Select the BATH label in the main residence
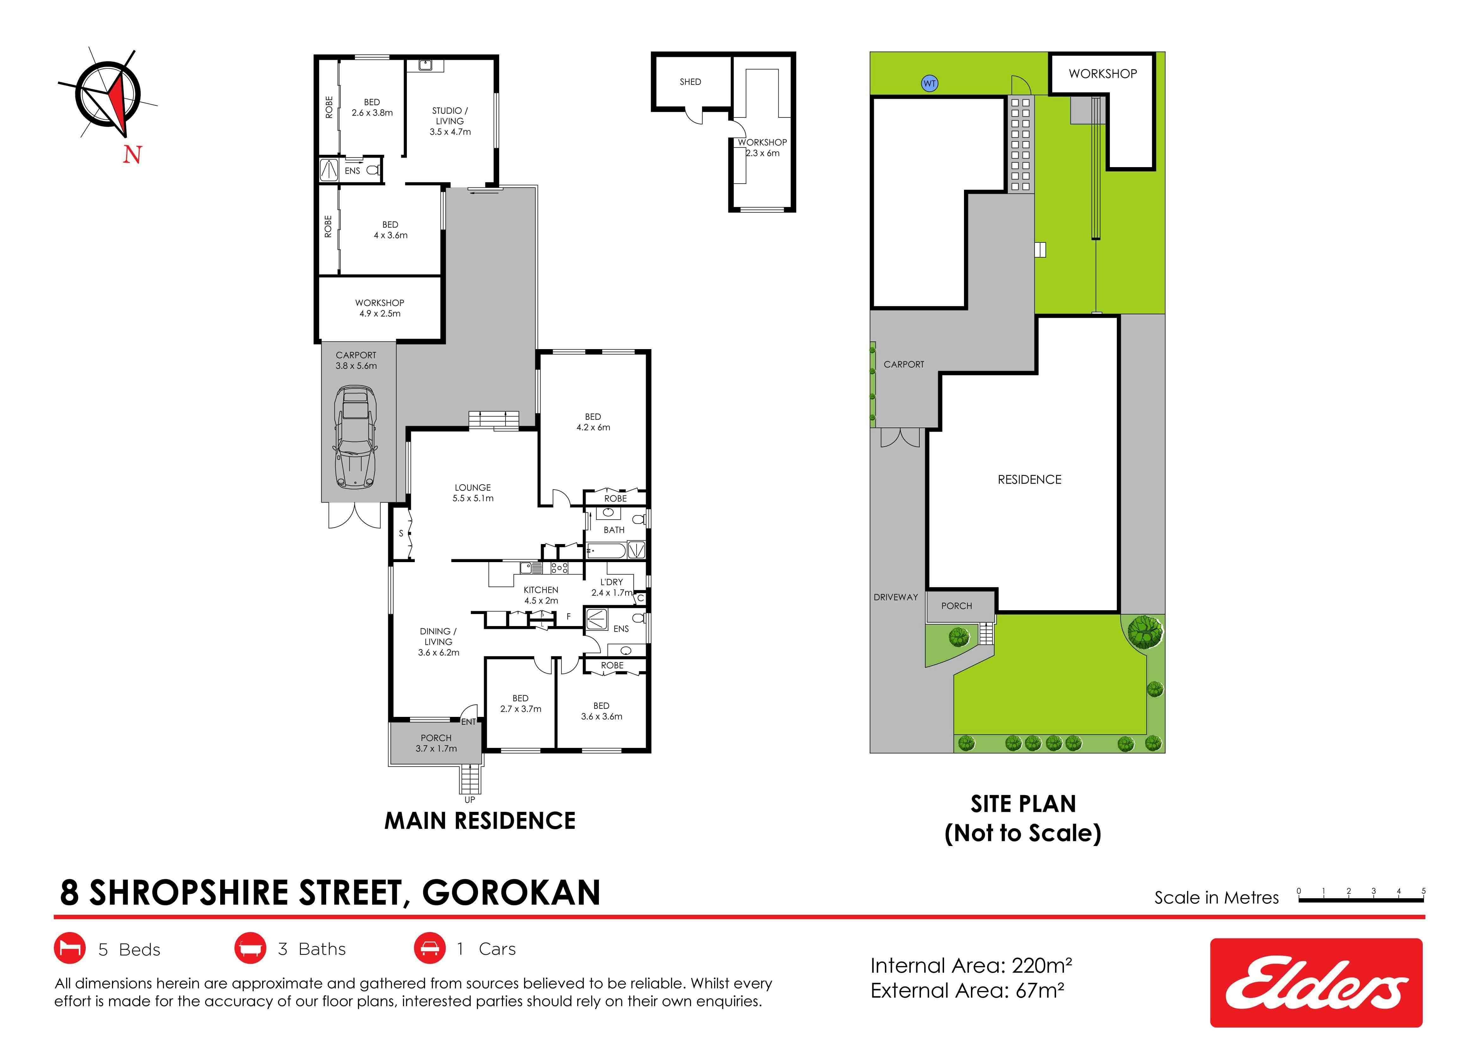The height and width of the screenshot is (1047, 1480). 614,530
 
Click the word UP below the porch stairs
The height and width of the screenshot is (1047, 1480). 470,799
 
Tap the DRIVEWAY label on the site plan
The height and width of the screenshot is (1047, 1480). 895,597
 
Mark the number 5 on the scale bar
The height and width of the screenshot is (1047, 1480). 1423,891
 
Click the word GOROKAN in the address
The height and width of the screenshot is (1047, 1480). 511,893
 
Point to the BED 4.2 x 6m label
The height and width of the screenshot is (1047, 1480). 593,422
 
